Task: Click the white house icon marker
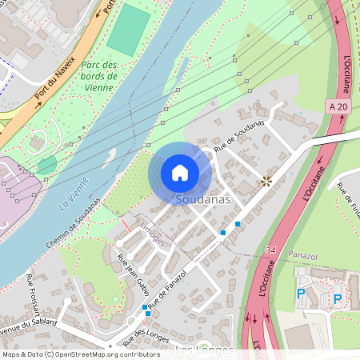tap(180, 172)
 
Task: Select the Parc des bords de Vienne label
tap(99, 76)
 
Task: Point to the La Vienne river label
tap(74, 194)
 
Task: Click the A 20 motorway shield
tap(338, 106)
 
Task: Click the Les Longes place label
tap(204, 350)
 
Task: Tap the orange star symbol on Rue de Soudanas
tap(266, 182)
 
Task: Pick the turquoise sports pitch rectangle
tap(129, 30)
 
